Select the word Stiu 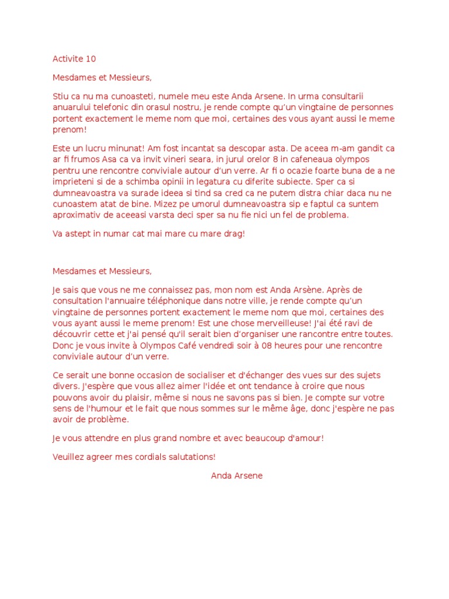click(60, 96)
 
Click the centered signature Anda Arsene click(237, 476)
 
